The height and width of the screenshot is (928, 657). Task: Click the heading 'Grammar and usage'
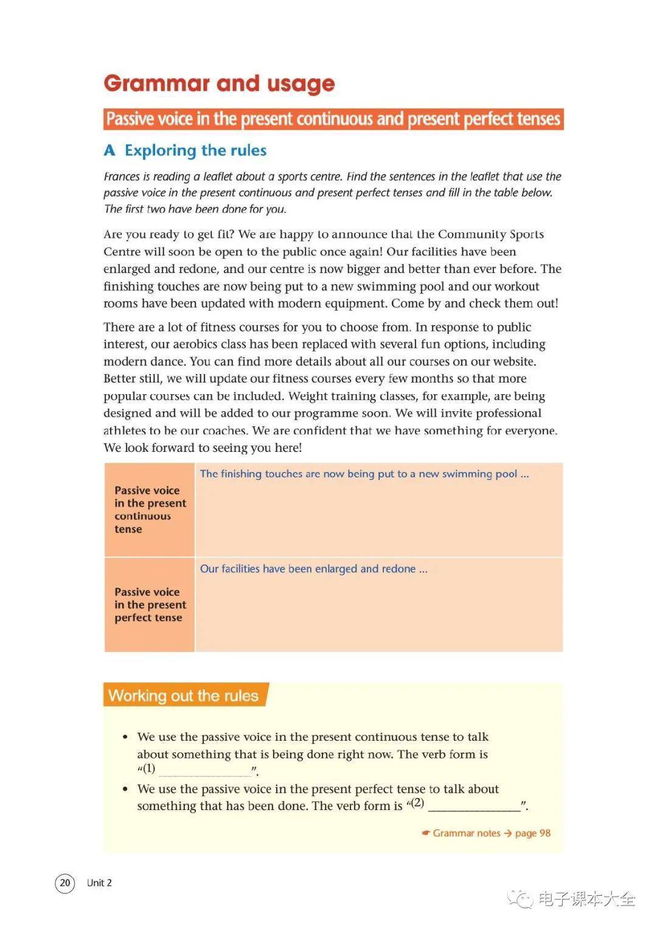219,83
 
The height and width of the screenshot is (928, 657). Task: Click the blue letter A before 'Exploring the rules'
109,150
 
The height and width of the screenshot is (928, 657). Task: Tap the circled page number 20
65,882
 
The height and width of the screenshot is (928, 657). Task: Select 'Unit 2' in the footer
99,883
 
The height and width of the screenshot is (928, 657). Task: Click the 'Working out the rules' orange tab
183,696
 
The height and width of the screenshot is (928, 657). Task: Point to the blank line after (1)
205,771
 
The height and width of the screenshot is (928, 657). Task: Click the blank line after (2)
474,806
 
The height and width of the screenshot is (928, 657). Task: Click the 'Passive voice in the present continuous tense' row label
150,510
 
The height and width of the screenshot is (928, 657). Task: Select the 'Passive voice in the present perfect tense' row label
150,604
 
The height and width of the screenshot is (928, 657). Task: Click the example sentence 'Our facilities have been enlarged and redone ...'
313,569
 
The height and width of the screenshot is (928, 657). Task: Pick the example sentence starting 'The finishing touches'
364,474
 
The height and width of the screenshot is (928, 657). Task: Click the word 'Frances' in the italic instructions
122,177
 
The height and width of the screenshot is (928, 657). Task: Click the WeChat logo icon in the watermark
521,898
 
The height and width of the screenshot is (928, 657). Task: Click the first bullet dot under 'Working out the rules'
125,737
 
